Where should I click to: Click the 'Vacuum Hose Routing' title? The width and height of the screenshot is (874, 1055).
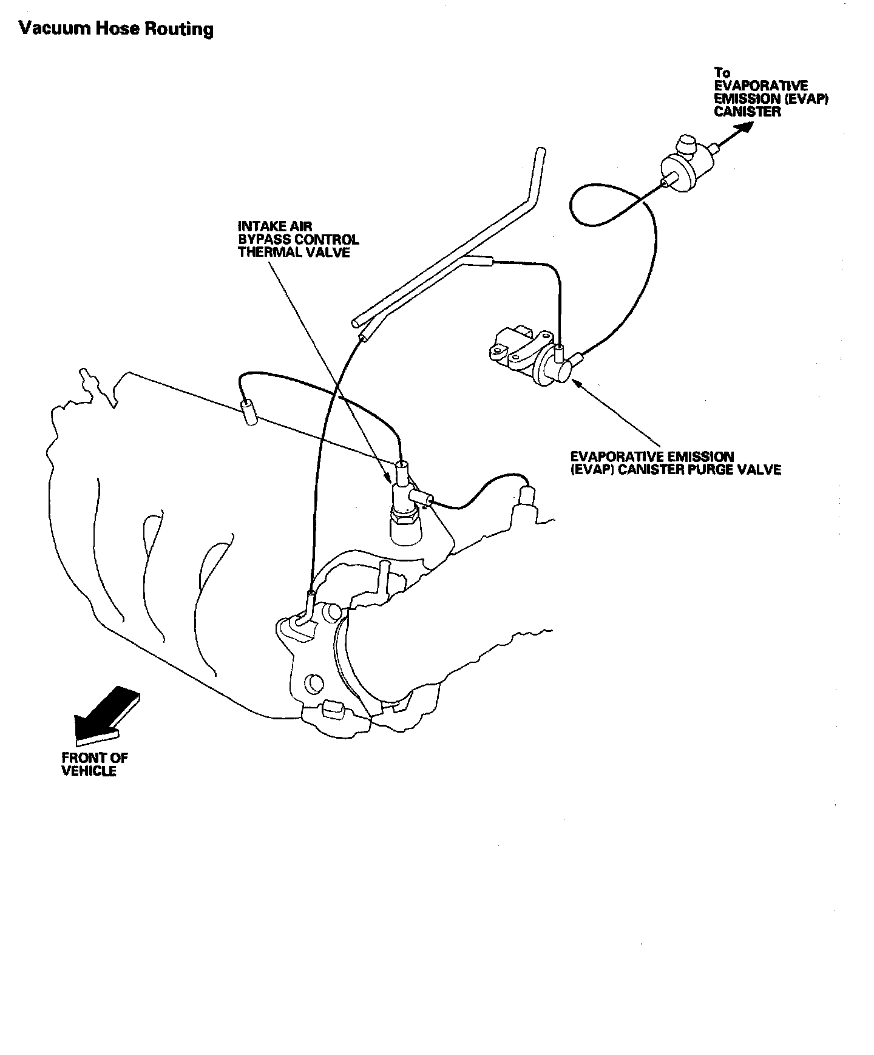[116, 29]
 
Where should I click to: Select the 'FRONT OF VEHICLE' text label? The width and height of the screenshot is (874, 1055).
[94, 764]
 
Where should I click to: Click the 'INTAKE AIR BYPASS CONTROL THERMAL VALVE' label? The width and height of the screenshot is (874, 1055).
[298, 239]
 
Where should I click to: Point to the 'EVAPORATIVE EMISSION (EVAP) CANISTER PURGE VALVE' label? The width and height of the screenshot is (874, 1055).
[675, 463]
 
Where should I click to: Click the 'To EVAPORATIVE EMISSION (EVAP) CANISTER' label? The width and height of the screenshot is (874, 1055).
[771, 92]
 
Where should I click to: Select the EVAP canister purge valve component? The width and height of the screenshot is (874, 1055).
[534, 359]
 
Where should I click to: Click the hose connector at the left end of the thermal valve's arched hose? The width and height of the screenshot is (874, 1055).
[249, 413]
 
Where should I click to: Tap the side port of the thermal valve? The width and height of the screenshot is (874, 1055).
[421, 498]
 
